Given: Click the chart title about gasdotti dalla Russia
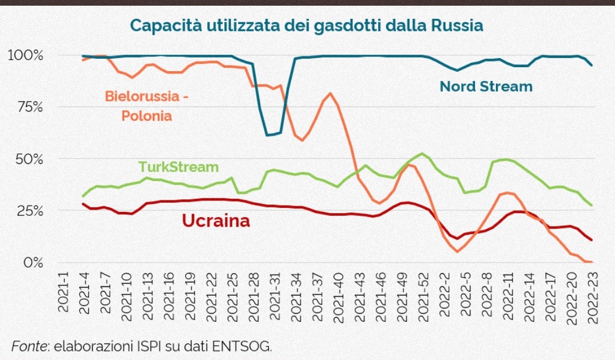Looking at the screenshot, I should (306, 26).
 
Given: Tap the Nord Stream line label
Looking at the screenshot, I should (486, 87).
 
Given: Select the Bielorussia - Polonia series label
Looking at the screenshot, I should (146, 105).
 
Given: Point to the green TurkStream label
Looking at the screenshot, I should (179, 167).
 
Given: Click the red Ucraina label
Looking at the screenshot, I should (216, 221).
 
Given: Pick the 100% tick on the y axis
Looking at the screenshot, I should (25, 56).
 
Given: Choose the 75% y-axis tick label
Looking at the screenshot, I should (28, 108).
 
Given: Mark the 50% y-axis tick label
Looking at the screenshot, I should (28, 159).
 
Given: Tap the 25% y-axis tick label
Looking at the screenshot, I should (28, 211).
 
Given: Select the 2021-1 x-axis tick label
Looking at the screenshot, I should (64, 292).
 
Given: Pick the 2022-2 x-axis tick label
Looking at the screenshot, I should (445, 292).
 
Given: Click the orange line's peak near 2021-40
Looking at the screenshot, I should (330, 93).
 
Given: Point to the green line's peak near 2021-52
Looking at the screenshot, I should (421, 154).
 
